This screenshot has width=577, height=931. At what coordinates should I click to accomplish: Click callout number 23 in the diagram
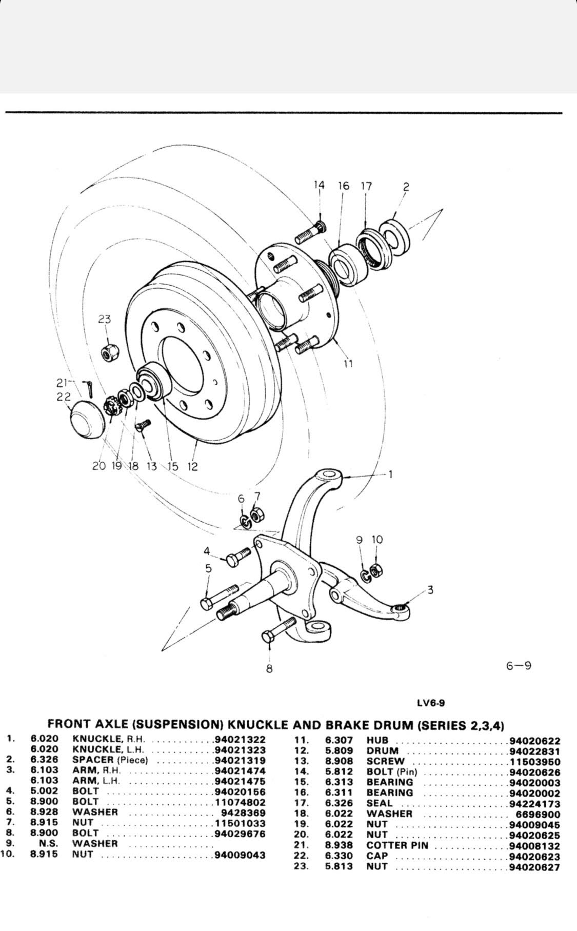point(105,319)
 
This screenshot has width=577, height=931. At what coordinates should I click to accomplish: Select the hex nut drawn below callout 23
point(108,353)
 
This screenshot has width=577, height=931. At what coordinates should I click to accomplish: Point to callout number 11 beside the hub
point(348,364)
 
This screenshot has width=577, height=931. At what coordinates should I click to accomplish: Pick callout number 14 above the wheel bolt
point(319,186)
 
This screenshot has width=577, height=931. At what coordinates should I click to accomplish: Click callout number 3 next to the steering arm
point(430,590)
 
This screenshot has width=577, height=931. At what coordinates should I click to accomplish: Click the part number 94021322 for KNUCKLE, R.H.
point(240,740)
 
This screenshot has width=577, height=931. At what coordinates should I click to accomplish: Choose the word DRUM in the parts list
point(383,751)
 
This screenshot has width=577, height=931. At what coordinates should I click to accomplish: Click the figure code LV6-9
point(431,703)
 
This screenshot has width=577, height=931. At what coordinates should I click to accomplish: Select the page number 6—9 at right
point(519,666)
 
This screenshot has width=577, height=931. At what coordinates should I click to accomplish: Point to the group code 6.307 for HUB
point(339,740)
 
